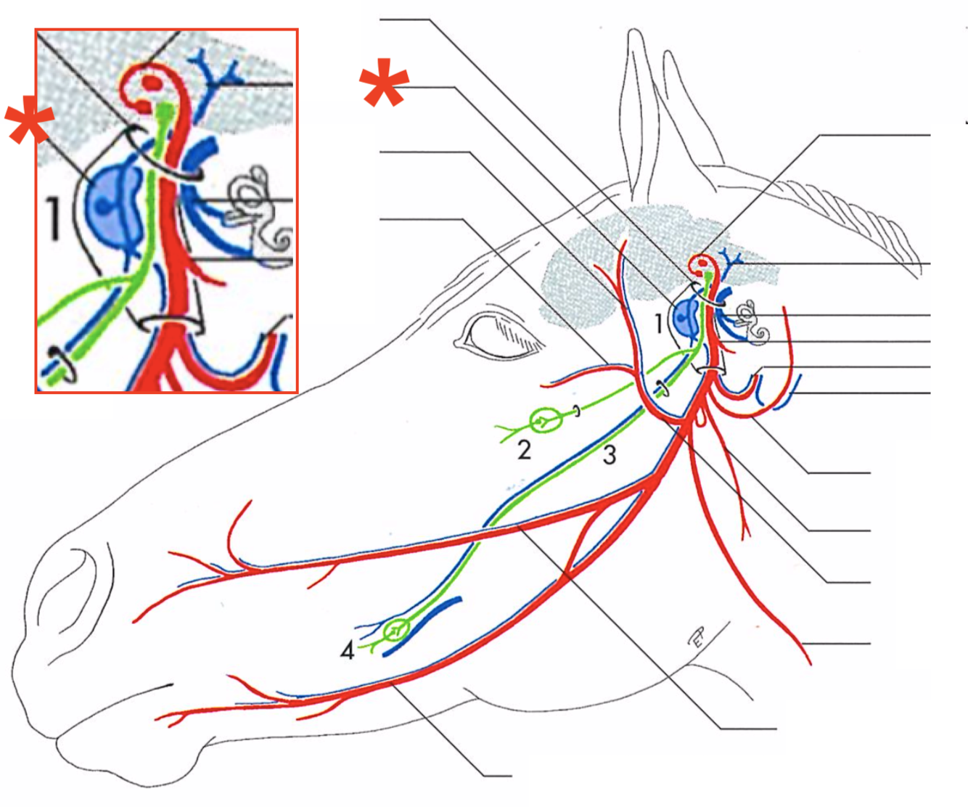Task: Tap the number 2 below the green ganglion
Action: click(x=525, y=450)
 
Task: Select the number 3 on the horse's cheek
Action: click(x=610, y=454)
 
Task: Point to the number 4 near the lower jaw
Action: click(x=348, y=651)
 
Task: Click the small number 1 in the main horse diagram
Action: click(x=658, y=323)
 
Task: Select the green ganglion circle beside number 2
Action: click(x=543, y=420)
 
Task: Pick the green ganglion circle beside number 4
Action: click(x=396, y=629)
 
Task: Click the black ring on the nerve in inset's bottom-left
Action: click(x=60, y=366)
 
